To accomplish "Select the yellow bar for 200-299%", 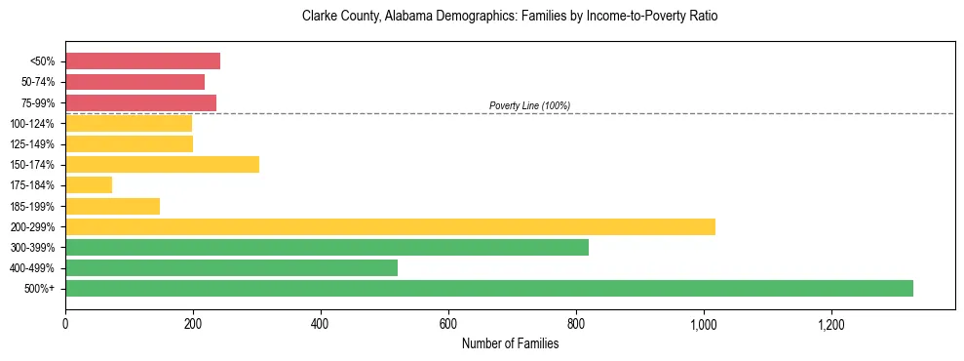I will pyautogui.click(x=390, y=226).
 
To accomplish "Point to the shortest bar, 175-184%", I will pyautogui.click(x=89, y=184).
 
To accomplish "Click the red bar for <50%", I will pyautogui.click(x=142, y=60).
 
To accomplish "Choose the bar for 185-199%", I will pyautogui.click(x=112, y=206).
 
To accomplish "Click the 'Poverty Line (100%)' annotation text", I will pyautogui.click(x=529, y=105).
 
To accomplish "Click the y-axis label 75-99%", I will pyautogui.click(x=38, y=102).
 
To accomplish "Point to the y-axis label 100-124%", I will pyautogui.click(x=36, y=123).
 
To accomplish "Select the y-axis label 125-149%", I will pyautogui.click(x=36, y=143).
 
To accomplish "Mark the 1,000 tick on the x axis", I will pyautogui.click(x=704, y=323).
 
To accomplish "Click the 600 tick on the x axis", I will pyautogui.click(x=448, y=323).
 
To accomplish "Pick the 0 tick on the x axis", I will pyautogui.click(x=65, y=323).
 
